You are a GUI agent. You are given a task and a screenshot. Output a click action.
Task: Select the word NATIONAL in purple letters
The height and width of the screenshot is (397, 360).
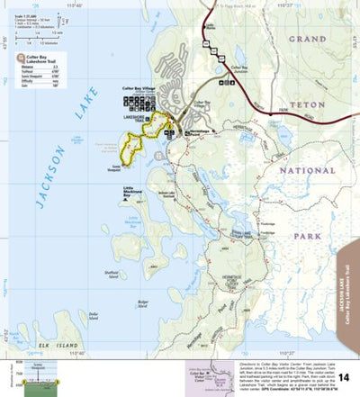[306, 169]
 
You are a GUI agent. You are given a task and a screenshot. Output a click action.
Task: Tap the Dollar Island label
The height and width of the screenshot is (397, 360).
[94, 316]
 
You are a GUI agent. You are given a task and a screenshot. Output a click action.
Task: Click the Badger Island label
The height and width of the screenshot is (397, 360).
[142, 304]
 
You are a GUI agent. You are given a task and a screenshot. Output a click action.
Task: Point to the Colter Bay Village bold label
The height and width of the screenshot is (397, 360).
[139, 88]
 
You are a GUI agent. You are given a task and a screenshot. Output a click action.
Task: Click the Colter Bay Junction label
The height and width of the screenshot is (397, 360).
[238, 68]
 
